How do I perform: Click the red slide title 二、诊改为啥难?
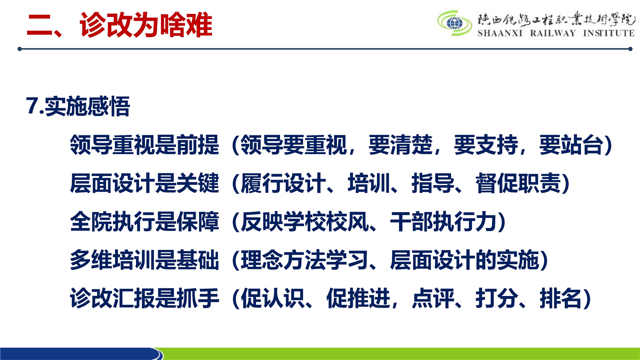[x=119, y=25]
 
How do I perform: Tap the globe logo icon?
[x=454, y=23]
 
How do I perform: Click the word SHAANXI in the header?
[x=500, y=33]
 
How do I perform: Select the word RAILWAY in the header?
[x=553, y=33]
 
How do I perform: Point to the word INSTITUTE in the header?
[x=609, y=33]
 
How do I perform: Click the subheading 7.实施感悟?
[x=78, y=106]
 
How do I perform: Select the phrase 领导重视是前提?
[x=144, y=144]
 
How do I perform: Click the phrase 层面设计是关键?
[x=144, y=183]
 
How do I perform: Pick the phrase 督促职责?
[x=518, y=183]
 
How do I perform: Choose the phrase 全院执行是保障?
[x=144, y=221]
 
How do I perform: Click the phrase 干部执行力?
[x=443, y=221]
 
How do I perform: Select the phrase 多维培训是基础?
[x=144, y=259]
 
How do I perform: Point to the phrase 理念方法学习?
[x=304, y=259]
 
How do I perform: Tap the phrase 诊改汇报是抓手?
[x=144, y=298]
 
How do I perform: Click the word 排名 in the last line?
[x=560, y=298]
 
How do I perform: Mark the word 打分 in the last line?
[x=496, y=298]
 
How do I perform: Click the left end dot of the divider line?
[x=19, y=49]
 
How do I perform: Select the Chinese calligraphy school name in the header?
[x=556, y=20]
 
